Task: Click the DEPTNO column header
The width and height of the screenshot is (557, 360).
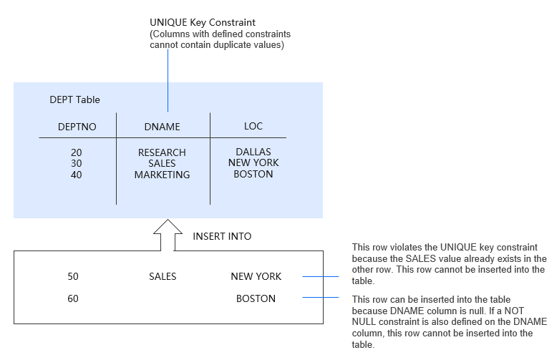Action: click(77, 127)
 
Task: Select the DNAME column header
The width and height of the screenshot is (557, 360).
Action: click(162, 127)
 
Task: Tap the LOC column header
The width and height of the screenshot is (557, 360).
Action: click(253, 126)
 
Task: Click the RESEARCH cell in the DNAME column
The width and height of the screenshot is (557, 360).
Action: click(162, 152)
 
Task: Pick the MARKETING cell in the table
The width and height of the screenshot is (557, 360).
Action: click(162, 175)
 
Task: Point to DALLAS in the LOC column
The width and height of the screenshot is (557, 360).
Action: click(253, 152)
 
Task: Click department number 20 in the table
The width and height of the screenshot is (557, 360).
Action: click(77, 152)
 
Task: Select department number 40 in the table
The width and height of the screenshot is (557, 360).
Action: click(77, 175)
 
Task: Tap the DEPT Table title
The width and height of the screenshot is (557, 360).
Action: click(74, 99)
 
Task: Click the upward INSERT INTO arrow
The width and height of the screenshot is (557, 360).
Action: click(168, 235)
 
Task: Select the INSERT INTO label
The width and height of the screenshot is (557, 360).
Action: click(222, 236)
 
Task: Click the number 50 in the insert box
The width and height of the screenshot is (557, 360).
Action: click(73, 276)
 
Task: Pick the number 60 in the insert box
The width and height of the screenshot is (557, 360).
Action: click(73, 298)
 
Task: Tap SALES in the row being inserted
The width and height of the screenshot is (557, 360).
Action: click(162, 276)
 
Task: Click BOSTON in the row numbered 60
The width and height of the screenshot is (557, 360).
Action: click(256, 298)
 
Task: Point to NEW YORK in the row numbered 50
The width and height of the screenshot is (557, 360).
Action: click(256, 276)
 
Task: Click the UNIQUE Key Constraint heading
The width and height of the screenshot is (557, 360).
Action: click(203, 23)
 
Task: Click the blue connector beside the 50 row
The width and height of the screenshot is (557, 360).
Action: click(321, 276)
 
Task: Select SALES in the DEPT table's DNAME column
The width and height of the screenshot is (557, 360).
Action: click(162, 163)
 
